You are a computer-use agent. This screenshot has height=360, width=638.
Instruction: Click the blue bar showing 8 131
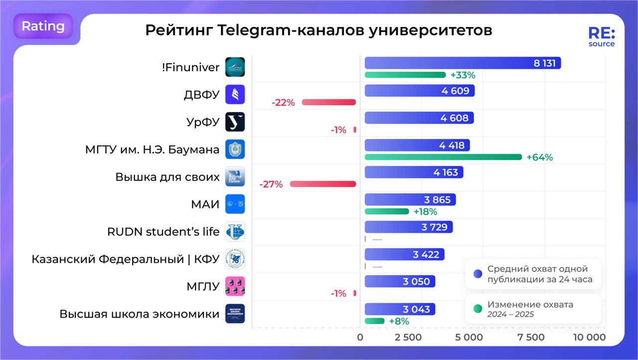click(x=463, y=63)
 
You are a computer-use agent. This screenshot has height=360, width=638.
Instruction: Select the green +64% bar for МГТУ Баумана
click(x=443, y=157)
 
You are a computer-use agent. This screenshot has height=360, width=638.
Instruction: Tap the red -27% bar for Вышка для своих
click(x=323, y=184)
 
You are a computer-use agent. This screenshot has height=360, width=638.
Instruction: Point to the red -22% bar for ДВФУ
click(x=329, y=102)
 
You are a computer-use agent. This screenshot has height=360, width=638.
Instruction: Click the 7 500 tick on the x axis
click(x=531, y=338)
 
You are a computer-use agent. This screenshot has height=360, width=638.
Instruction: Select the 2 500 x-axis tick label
click(x=408, y=338)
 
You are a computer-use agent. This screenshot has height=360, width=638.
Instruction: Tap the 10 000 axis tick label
click(x=589, y=338)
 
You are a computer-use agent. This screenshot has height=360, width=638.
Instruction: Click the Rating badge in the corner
click(x=43, y=26)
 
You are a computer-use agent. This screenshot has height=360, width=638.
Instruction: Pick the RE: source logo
click(x=602, y=37)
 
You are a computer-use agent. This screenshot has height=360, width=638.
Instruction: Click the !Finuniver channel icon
click(x=235, y=67)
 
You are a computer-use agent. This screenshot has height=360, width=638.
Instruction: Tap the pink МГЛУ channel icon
click(x=235, y=286)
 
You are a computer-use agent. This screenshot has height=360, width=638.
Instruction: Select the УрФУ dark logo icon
click(x=235, y=122)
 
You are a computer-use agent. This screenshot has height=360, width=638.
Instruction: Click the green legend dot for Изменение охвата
click(x=478, y=309)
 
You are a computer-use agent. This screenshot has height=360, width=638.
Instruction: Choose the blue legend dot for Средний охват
click(x=478, y=274)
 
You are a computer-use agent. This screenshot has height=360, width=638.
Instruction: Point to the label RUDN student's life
click(x=163, y=232)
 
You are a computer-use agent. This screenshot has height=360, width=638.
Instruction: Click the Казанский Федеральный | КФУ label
click(x=125, y=259)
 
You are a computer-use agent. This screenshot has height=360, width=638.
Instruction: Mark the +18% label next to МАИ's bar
click(x=425, y=212)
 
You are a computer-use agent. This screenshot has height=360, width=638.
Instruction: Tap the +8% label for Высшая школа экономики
click(x=399, y=321)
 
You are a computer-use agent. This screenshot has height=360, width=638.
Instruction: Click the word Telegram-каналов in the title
click(x=291, y=30)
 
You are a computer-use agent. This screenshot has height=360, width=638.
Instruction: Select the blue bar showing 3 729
click(x=409, y=227)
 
